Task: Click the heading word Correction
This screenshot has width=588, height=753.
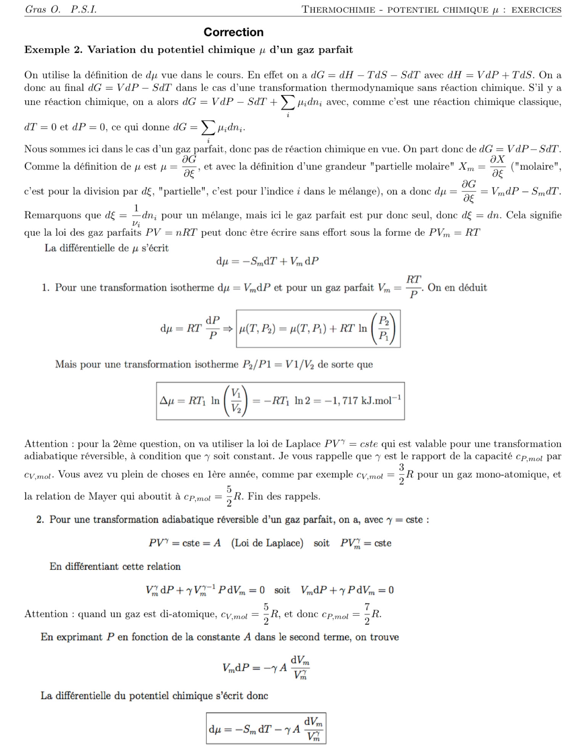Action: click(233, 32)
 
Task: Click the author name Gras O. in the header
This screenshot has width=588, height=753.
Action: click(43, 10)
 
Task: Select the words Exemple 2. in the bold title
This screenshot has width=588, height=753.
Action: click(53, 50)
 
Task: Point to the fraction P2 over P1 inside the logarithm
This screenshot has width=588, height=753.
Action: click(384, 328)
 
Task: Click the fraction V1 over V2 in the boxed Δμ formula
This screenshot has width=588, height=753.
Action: click(236, 401)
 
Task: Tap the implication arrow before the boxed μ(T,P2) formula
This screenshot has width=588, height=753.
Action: click(228, 328)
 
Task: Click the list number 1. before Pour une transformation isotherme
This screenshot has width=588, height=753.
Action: click(46, 288)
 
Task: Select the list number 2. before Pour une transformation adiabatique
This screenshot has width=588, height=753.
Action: click(40, 520)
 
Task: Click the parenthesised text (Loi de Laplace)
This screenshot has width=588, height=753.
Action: click(267, 543)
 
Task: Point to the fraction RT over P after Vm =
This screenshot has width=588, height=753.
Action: click(413, 286)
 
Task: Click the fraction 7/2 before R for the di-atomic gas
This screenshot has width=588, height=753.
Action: click(367, 614)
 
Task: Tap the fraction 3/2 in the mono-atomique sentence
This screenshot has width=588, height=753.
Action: click(402, 474)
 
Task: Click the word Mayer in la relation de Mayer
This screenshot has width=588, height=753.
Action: click(102, 496)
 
